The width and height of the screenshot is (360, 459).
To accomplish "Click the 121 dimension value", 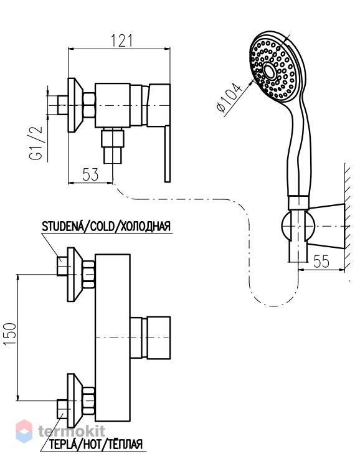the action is [x=121, y=40].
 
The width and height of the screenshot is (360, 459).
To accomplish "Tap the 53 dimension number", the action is [x=90, y=175].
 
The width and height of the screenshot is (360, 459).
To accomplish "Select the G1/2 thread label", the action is [x=36, y=143].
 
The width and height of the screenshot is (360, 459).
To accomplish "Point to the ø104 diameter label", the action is [x=229, y=98].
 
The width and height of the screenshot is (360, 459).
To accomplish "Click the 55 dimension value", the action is [x=321, y=261].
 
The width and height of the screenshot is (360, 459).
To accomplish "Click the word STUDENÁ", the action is [x=62, y=226].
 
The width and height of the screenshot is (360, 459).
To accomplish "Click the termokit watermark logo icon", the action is [x=24, y=430].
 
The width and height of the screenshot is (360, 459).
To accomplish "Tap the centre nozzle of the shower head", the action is [x=269, y=70].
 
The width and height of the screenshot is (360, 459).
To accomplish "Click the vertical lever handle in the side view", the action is [x=167, y=154].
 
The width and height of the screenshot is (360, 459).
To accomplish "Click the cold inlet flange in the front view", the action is [x=73, y=274].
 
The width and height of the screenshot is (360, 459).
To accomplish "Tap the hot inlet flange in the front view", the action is [x=73, y=400].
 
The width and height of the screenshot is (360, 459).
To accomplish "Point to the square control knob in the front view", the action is [x=158, y=338].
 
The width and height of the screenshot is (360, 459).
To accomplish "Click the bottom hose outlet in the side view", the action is [x=113, y=146].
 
